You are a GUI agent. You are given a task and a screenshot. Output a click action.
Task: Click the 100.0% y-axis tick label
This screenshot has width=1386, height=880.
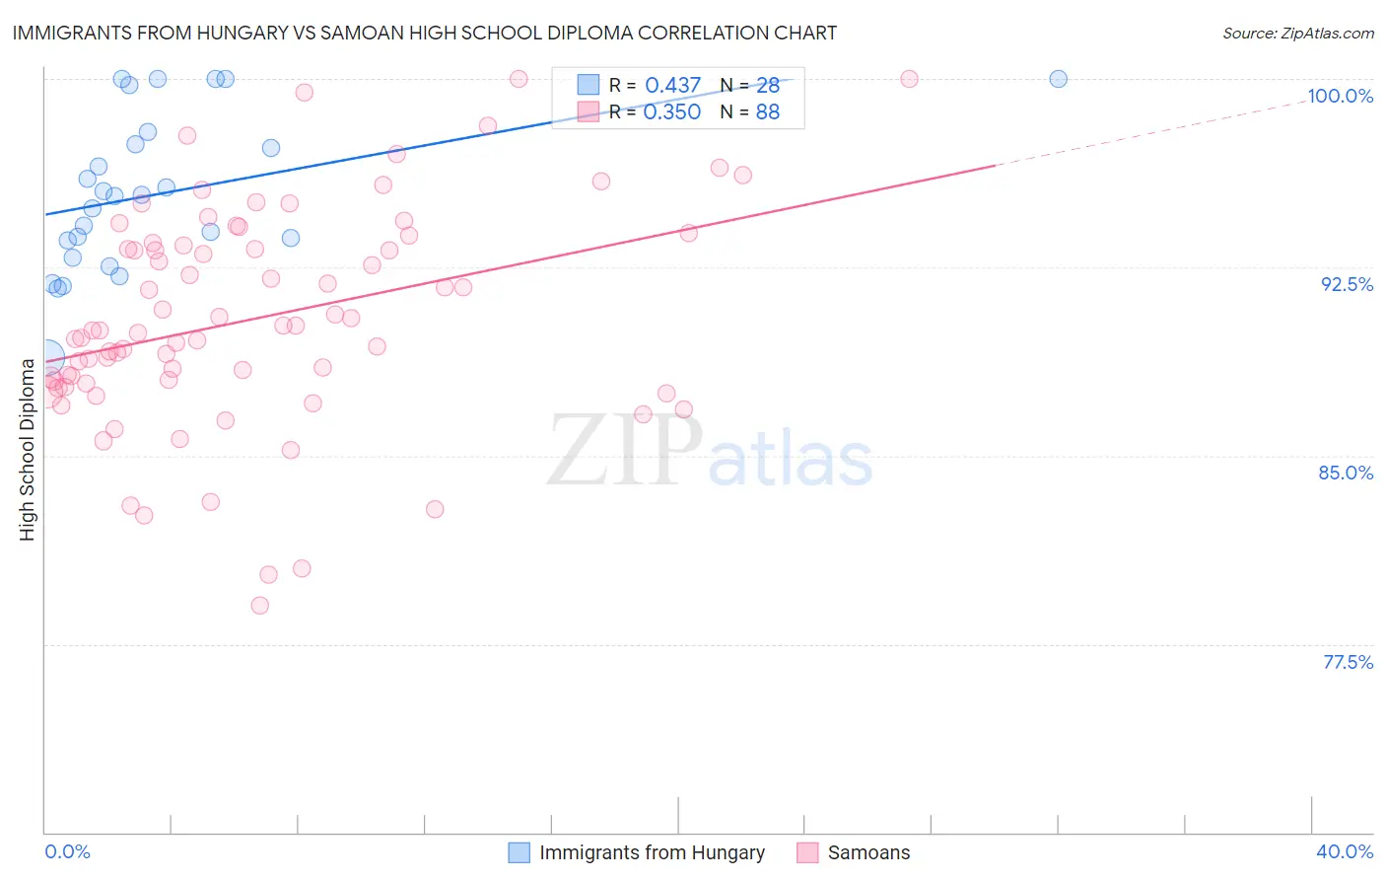tap(1340, 96)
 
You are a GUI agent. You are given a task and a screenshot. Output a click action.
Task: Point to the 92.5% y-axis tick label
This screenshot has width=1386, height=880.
tap(1347, 284)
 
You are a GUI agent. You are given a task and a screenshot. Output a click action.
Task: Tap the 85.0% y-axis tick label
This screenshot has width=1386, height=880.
tap(1346, 473)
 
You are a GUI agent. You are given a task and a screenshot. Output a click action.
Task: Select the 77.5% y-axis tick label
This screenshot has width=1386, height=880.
tap(1348, 662)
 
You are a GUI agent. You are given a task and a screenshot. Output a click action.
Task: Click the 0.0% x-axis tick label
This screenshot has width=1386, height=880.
tap(67, 851)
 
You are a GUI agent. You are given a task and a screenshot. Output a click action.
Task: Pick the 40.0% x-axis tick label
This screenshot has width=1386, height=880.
tap(1345, 851)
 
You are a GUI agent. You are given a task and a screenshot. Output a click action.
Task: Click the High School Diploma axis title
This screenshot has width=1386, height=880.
tap(27, 449)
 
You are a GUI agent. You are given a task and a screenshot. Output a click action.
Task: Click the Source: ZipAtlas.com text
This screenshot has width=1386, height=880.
tap(1297, 33)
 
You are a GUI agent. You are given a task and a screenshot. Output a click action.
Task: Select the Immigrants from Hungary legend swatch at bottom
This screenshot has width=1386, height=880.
tap(520, 852)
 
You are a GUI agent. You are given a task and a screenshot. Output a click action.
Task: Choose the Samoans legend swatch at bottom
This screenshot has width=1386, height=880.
tap(807, 852)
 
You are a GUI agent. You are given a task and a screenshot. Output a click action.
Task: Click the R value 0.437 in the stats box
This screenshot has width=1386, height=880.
tap(672, 86)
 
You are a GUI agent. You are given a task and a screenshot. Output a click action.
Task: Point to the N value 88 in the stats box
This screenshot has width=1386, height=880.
tap(767, 112)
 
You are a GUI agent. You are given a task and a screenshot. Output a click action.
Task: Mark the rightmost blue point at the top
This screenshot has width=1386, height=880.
tap(1058, 79)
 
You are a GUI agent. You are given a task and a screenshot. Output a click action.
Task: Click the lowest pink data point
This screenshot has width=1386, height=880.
tap(260, 605)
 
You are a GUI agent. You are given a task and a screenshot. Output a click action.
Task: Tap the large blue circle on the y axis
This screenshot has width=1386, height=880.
tap(46, 356)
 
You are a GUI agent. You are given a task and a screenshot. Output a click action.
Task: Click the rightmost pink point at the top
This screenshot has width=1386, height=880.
tap(909, 79)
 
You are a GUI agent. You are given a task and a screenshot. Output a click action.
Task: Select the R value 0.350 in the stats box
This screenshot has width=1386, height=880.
tap(672, 112)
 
